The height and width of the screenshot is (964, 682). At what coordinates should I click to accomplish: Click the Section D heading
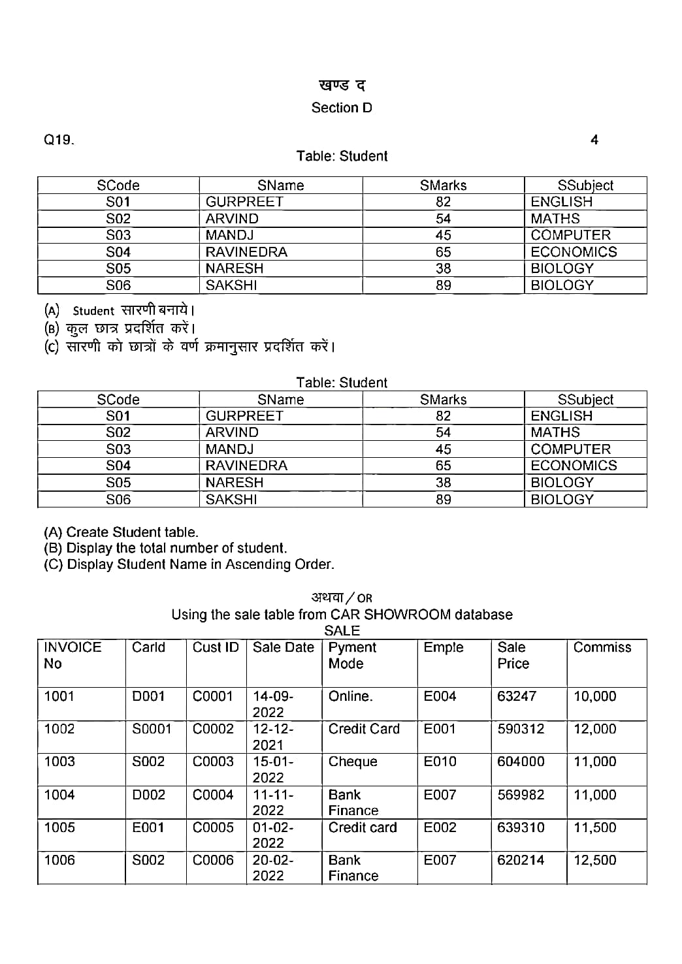click(x=342, y=108)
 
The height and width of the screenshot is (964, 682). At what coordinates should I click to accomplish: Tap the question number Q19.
click(x=59, y=140)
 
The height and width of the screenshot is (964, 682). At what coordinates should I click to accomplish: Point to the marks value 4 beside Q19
click(x=594, y=140)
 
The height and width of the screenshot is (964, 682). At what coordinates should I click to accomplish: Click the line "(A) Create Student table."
click(x=121, y=532)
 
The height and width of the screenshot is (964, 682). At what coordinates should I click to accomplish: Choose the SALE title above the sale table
click(x=342, y=631)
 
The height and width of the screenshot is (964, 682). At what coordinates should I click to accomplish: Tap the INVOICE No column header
click(x=73, y=655)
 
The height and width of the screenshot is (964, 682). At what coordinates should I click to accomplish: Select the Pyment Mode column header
click(x=352, y=655)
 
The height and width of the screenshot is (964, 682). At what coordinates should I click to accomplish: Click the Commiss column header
click(x=602, y=647)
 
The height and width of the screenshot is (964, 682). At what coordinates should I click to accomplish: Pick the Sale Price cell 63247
click(x=516, y=696)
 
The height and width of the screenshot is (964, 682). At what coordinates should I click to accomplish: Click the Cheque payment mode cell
click(x=353, y=762)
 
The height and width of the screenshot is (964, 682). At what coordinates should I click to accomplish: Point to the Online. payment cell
click(x=350, y=696)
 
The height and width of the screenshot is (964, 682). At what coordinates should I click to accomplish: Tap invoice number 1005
click(x=59, y=827)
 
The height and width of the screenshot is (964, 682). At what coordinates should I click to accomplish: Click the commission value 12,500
click(x=594, y=860)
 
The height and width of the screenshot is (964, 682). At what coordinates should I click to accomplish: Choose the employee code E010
click(x=440, y=762)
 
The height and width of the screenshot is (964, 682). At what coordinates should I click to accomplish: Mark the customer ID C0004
click(x=213, y=795)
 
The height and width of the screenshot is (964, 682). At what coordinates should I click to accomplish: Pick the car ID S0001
click(x=152, y=729)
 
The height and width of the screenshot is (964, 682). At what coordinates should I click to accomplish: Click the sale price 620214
click(x=521, y=860)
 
